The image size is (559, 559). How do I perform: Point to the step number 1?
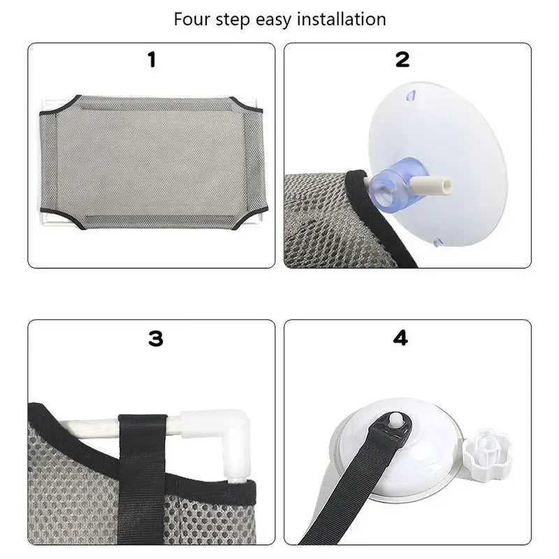tap(152, 60)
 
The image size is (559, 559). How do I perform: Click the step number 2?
tap(402, 60)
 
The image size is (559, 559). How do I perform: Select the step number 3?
tap(155, 339)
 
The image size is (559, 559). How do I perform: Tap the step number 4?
tap(400, 338)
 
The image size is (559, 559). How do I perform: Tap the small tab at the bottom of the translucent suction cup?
tap(439, 242)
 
